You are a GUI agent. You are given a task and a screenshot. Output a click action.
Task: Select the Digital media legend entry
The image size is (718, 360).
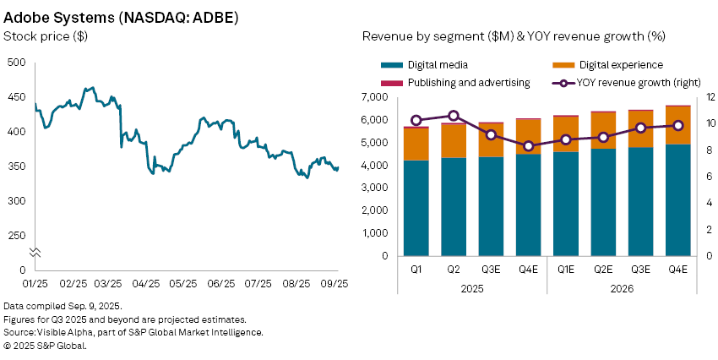click(x=437, y=64)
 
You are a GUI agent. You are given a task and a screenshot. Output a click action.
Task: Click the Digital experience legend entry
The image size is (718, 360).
click(x=607, y=64)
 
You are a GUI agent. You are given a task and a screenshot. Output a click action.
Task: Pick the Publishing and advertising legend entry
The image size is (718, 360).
click(x=468, y=83)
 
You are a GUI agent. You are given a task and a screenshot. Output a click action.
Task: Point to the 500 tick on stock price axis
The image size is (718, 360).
click(x=16, y=63)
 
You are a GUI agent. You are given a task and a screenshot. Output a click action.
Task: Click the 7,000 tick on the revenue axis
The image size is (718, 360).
click(x=373, y=97)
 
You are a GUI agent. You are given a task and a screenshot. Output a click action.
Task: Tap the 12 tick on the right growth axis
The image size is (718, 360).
click(x=711, y=97)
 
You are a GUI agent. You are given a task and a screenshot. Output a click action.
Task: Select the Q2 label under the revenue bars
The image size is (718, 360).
click(x=454, y=270)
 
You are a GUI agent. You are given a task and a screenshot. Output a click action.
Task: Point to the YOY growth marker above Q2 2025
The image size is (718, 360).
click(x=454, y=116)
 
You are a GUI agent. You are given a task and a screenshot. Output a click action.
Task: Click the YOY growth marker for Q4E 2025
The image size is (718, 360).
click(x=528, y=145)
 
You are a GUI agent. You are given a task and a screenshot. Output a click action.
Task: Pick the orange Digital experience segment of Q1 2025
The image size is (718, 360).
click(x=416, y=144)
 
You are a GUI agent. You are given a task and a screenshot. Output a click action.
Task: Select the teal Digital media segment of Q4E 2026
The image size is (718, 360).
click(x=677, y=200)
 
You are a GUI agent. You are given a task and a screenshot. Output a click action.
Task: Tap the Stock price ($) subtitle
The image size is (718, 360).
click(x=46, y=36)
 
